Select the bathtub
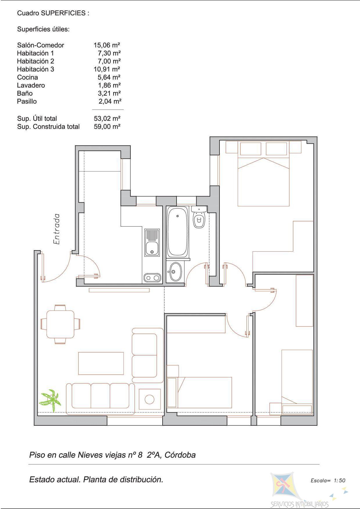pyautogui.click(x=177, y=232)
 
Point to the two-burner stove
pyautogui.click(x=152, y=278)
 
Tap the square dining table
pyautogui.click(x=60, y=324)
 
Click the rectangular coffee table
pyautogui.click(x=101, y=363)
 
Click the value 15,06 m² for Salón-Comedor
pyautogui.click(x=107, y=45)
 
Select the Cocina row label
pyautogui.click(x=27, y=77)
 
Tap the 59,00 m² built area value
pyautogui.click(x=107, y=127)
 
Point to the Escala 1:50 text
pyautogui.click(x=328, y=481)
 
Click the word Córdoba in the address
pyautogui.click(x=180, y=455)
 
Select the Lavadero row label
pyautogui.click(x=31, y=85)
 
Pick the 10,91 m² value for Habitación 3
pyautogui.click(x=107, y=69)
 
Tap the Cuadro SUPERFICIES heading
pyautogui.click(x=53, y=13)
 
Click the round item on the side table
pyautogui.click(x=150, y=400)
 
